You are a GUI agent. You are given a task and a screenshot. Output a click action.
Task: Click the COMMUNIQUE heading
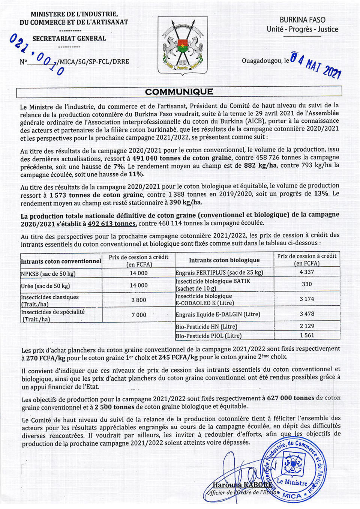179,92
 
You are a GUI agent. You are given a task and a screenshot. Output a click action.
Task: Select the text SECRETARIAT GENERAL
69,38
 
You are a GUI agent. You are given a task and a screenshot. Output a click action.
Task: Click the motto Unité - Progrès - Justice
302,29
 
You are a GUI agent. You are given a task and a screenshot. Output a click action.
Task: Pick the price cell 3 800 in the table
139,300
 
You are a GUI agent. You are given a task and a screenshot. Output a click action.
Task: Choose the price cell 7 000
139,315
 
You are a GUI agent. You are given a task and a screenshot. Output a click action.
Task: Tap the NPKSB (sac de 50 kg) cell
48,273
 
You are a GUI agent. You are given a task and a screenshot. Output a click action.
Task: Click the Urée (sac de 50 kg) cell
45,286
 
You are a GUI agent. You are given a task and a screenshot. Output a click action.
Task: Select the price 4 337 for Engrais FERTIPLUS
307,272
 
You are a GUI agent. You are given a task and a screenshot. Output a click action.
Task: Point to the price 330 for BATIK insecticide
307,284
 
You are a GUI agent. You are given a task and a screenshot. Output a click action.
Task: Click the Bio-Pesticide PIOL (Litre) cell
208,336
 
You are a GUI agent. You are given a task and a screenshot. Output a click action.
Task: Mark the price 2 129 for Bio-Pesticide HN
307,326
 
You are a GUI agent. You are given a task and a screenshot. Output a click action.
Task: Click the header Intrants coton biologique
224,260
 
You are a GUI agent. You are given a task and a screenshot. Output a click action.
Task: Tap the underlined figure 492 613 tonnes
112,224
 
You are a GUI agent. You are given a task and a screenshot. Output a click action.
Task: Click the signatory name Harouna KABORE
242,485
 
